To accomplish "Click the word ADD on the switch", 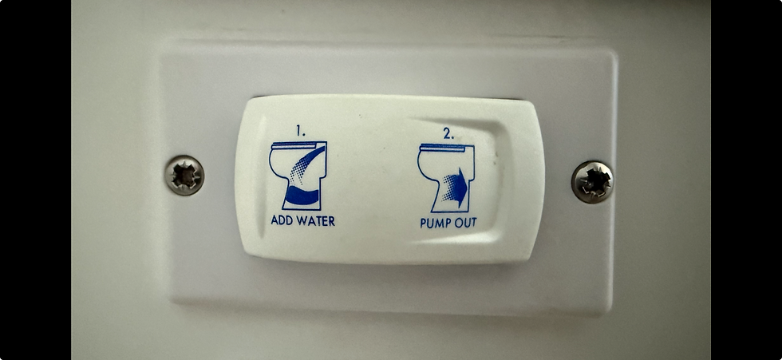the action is tap(281, 220).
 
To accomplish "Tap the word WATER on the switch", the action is tap(314, 220).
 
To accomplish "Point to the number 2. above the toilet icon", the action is tap(448, 133).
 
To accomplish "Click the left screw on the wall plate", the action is tap(184, 175).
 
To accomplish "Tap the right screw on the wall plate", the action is tap(592, 181).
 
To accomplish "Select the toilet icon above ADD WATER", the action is tap(298, 176).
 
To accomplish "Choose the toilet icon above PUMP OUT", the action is tap(446, 178).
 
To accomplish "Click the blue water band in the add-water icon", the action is tap(302, 196).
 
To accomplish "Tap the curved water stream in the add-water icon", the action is tap(307, 164).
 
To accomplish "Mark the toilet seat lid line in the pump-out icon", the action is tap(444, 147).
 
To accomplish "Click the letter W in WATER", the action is tap(300, 220).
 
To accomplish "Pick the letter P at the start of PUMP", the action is tap(423, 224).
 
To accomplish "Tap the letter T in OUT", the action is tap(472, 222).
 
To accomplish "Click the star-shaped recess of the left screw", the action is tap(185, 176).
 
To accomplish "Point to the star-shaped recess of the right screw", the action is tap(593, 182).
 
